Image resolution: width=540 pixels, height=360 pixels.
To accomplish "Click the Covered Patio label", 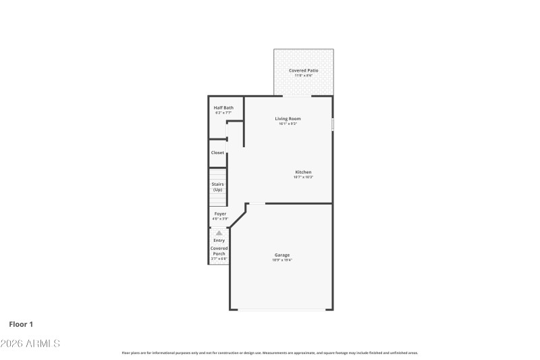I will [303, 70].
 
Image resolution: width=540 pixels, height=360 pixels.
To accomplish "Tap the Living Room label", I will [288, 118].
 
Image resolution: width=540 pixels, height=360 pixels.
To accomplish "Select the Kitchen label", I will [303, 172].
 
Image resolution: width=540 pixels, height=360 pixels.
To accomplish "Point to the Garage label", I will [282, 255].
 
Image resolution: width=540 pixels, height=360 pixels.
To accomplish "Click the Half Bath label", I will [223, 107].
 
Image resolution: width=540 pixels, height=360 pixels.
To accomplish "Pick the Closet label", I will [217, 153].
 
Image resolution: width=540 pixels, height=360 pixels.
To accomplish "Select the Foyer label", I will [220, 213].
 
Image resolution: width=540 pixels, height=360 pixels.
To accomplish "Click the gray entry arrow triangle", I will [219, 232].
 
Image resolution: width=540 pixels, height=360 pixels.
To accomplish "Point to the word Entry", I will [219, 240].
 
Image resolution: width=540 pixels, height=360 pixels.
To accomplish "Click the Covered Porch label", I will [219, 251].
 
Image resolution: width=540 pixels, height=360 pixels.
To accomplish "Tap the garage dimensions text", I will [282, 260].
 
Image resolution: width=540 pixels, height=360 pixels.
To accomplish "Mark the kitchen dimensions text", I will [303, 177].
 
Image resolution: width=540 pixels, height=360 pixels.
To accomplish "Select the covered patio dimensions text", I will [303, 76].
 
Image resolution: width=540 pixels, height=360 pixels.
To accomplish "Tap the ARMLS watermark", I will [30, 344].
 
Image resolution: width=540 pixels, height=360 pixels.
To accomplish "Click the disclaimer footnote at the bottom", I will [269, 353].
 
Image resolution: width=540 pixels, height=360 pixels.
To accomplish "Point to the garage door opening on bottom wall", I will [281, 310].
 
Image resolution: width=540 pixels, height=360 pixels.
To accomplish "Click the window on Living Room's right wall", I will [333, 125].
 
